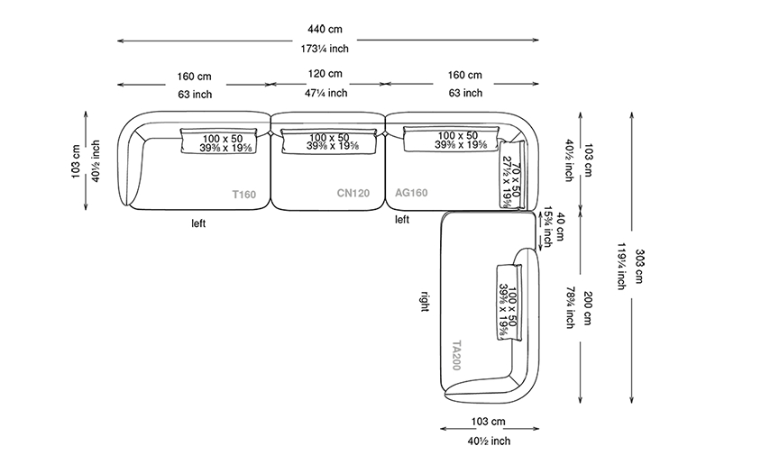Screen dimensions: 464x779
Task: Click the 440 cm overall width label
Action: pyautogui.click(x=325, y=29)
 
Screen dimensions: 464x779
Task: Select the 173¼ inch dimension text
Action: pyautogui.click(x=325, y=49)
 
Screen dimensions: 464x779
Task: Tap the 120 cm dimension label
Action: pyautogui.click(x=325, y=74)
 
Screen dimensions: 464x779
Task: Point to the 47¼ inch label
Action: pyautogui.click(x=325, y=93)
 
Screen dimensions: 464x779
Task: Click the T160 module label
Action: pyautogui.click(x=244, y=194)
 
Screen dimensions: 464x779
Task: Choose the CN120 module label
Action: pyautogui.click(x=353, y=193)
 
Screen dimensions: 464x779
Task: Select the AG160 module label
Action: pyautogui.click(x=411, y=193)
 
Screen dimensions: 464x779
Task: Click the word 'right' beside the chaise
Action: pyautogui.click(x=425, y=301)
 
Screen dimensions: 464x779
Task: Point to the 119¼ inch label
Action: pyautogui.click(x=621, y=266)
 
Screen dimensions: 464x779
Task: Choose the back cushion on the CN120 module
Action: pyautogui.click(x=328, y=141)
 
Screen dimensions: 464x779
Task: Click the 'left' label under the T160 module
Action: pyautogui.click(x=198, y=223)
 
